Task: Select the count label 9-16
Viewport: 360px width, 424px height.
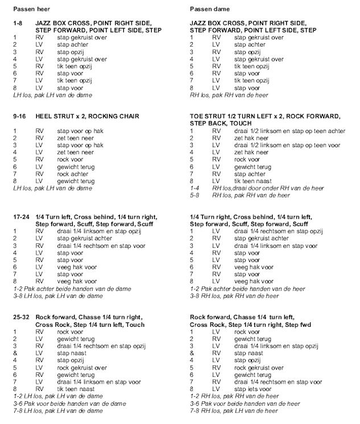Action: (x=20, y=116)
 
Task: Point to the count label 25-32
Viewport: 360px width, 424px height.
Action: (x=22, y=317)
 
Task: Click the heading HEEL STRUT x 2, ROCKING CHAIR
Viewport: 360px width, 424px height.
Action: (x=94, y=116)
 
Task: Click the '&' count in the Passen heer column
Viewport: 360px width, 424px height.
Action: (x=15, y=352)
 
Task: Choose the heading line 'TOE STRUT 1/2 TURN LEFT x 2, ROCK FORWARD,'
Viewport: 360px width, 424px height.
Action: (x=265, y=116)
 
